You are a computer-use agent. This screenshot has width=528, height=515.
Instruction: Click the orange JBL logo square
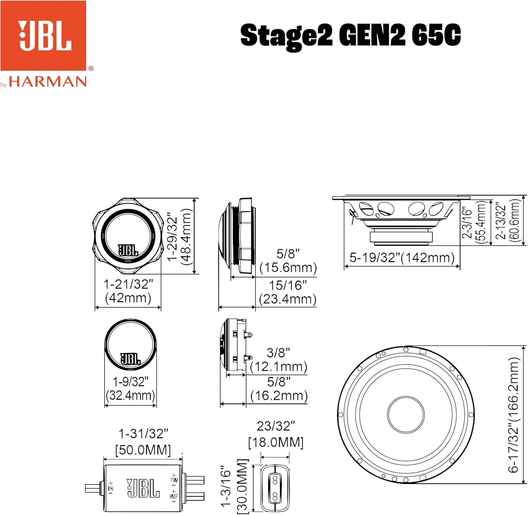43,36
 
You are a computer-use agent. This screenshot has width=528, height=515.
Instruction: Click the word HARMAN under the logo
48,82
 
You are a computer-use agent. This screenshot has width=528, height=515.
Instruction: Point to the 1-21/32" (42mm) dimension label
128,291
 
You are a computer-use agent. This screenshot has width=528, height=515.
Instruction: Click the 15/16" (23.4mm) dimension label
288,292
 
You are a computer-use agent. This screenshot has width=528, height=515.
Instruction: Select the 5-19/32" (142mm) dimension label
402,258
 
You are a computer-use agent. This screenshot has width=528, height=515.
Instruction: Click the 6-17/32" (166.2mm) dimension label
514,415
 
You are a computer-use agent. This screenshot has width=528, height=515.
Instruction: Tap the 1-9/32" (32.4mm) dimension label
131,388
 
